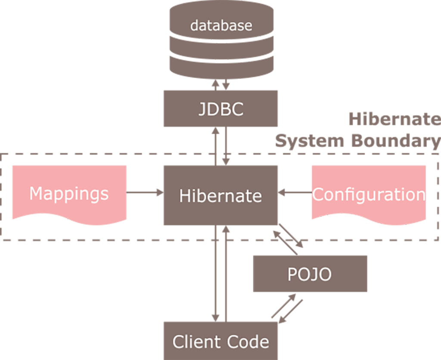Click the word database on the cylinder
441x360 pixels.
coord(221,25)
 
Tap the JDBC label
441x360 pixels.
coord(221,109)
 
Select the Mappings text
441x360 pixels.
coord(69,194)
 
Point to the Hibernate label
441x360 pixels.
coord(220,196)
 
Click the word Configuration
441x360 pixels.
coord(369,195)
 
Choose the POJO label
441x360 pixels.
coord(309,274)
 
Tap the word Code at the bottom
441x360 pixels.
coord(247,342)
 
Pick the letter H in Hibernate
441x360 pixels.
coord(184,196)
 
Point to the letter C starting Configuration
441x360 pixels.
coord(318,195)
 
